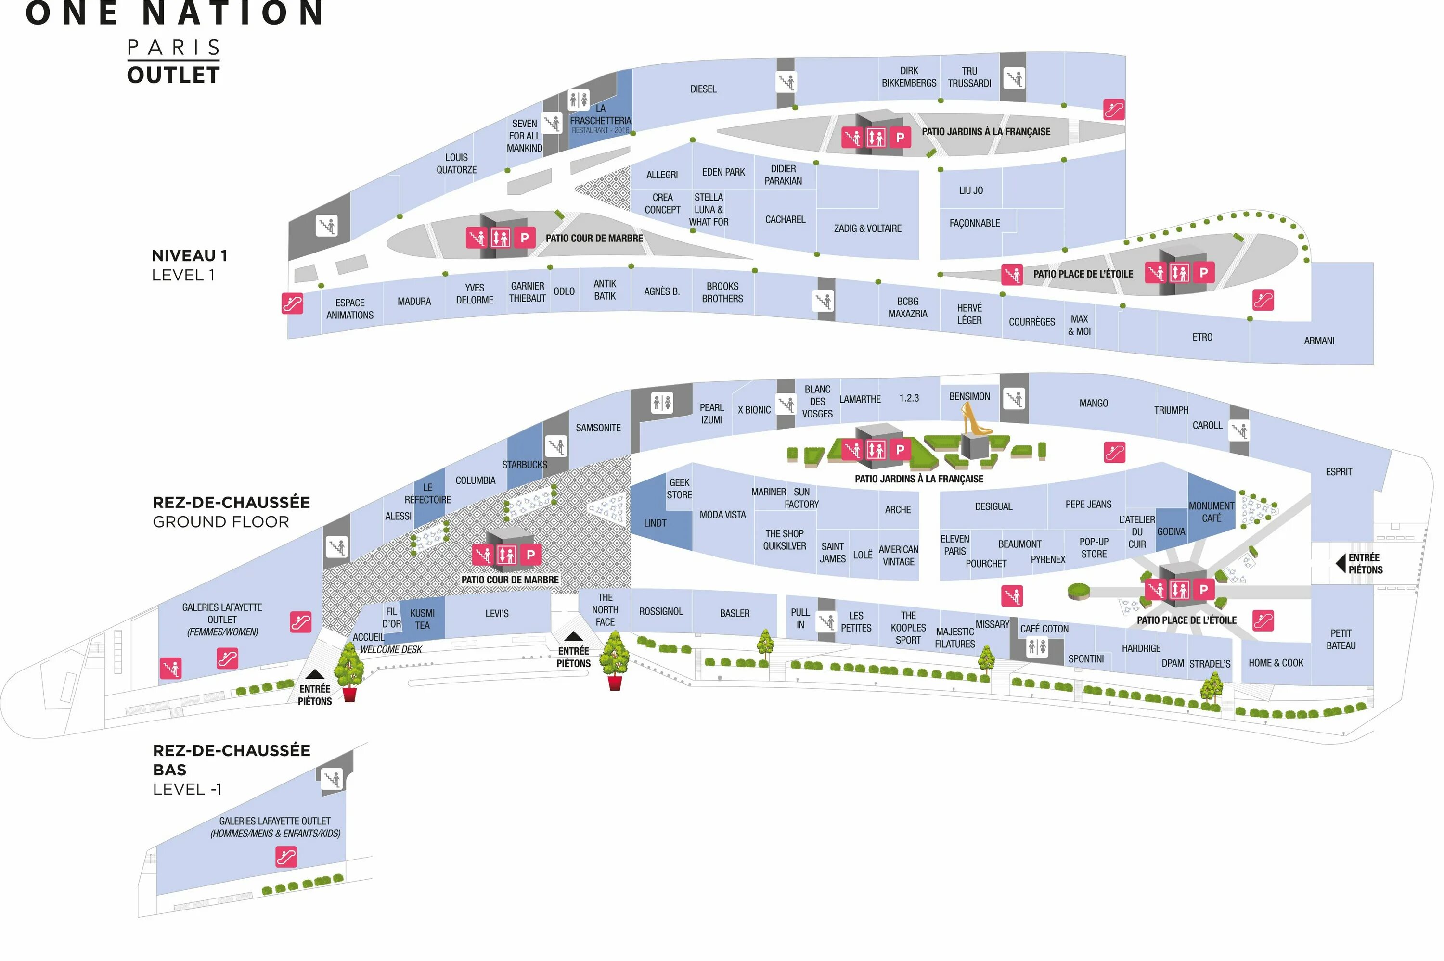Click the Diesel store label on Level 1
point(703,89)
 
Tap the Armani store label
point(1318,341)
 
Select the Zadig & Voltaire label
point(867,228)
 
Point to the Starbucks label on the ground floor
point(524,465)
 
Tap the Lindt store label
point(655,523)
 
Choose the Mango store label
point(1093,403)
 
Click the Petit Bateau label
point(1341,639)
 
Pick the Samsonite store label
point(598,428)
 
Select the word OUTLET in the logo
point(174,76)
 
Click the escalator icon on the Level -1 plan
point(286,856)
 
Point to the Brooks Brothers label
point(722,292)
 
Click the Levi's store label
point(497,614)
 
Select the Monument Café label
point(1211,512)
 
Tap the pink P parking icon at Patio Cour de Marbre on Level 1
point(524,238)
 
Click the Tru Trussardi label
point(969,77)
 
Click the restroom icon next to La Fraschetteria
point(578,99)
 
